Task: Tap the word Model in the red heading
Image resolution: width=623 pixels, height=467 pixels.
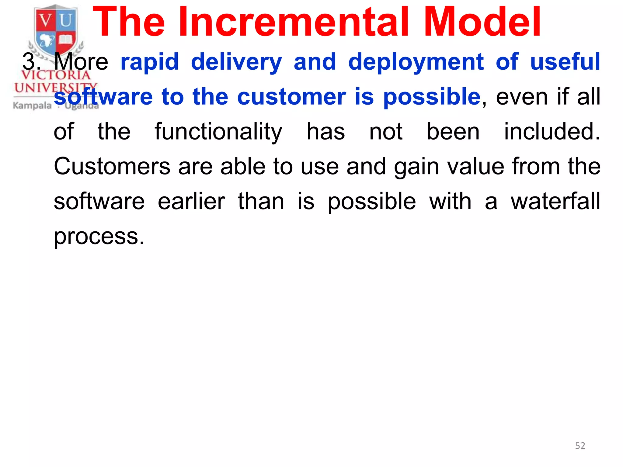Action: tap(482, 22)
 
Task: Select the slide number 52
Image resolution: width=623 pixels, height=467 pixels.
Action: tap(580, 446)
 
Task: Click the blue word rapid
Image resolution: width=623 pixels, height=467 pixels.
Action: tap(149, 62)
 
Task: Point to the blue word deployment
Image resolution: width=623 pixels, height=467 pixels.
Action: tap(416, 62)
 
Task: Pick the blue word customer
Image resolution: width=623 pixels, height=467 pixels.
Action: tap(291, 97)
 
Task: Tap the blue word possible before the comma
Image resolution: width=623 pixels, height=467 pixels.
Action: tap(431, 98)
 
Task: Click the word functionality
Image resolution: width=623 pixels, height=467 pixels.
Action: tap(218, 132)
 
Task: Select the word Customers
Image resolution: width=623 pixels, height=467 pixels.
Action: tap(112, 167)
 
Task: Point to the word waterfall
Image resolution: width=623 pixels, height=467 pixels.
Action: tap(555, 201)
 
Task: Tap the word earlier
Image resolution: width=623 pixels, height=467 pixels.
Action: tap(191, 201)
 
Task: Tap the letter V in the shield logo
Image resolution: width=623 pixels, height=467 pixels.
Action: tap(46, 21)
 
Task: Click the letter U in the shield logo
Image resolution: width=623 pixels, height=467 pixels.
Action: tap(66, 21)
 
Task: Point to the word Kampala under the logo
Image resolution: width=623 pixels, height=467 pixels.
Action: tap(32, 106)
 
